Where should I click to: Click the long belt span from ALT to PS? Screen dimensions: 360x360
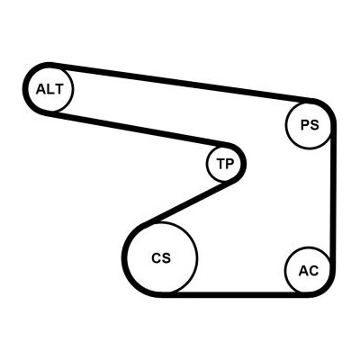[x=182, y=82]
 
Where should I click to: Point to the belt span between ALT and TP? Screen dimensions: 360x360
[x=139, y=129]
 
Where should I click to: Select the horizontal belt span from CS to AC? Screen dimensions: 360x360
[x=237, y=294]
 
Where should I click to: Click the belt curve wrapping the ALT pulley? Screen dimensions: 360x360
[x=25, y=89]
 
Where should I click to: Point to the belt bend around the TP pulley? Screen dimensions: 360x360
[x=244, y=164]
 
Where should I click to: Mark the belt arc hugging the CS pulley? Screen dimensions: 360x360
[x=124, y=258]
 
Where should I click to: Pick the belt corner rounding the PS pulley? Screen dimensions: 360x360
[x=328, y=108]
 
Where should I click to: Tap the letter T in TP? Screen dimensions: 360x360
[x=220, y=164]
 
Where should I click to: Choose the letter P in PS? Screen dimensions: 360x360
[x=305, y=125]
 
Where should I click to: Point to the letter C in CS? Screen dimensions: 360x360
[x=157, y=258]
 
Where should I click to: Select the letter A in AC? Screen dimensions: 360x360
[x=303, y=271]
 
